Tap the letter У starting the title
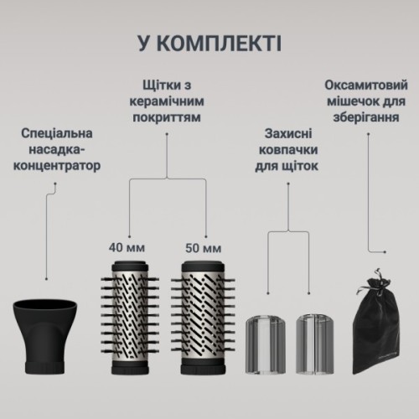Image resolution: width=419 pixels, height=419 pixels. point(146,43)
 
